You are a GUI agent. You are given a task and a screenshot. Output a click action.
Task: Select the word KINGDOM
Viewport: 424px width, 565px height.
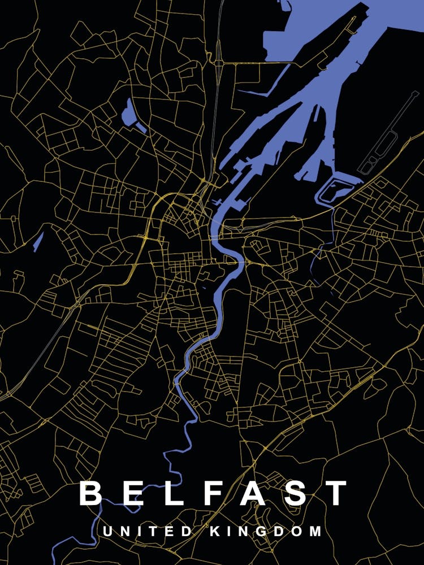coord(266,532)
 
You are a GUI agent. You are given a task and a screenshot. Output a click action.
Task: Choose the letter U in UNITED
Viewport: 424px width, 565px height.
coord(106,532)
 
